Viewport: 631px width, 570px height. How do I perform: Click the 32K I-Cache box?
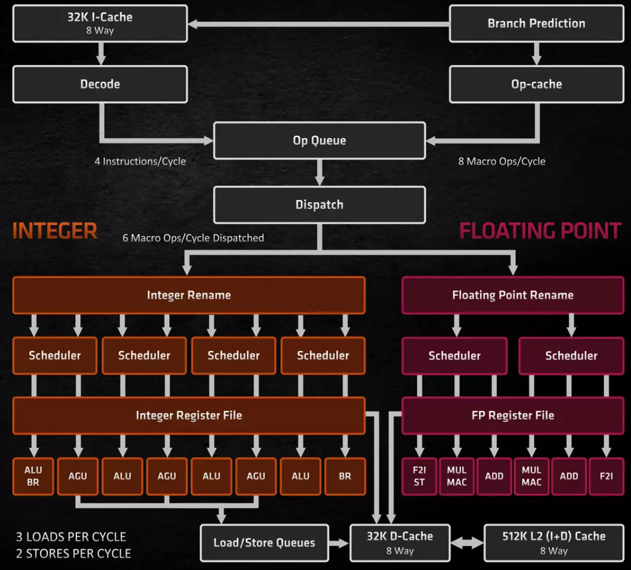[100, 23]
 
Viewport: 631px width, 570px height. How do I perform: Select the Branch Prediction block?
[536, 23]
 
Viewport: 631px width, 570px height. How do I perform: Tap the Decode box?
[100, 84]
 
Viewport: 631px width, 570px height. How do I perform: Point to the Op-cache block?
[536, 84]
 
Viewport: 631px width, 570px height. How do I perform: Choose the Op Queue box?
[319, 140]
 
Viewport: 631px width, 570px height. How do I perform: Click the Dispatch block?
[319, 204]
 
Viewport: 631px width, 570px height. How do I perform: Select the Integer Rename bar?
[189, 295]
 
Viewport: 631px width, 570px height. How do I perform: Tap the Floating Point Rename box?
[512, 295]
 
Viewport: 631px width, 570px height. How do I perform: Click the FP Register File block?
[512, 415]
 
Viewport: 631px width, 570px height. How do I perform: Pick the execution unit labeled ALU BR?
[33, 476]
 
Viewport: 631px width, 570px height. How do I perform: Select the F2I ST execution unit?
[419, 476]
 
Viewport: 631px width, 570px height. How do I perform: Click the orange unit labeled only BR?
[345, 476]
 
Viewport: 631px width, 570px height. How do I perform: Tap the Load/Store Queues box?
[264, 542]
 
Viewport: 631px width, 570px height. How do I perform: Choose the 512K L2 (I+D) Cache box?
[554, 542]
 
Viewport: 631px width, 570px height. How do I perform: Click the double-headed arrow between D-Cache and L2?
[467, 542]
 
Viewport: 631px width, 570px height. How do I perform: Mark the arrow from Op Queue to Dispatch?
[319, 172]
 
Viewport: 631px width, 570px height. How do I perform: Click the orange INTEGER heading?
[55, 231]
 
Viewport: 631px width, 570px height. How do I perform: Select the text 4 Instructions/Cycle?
[140, 162]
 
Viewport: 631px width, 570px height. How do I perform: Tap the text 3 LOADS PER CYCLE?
[71, 537]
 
